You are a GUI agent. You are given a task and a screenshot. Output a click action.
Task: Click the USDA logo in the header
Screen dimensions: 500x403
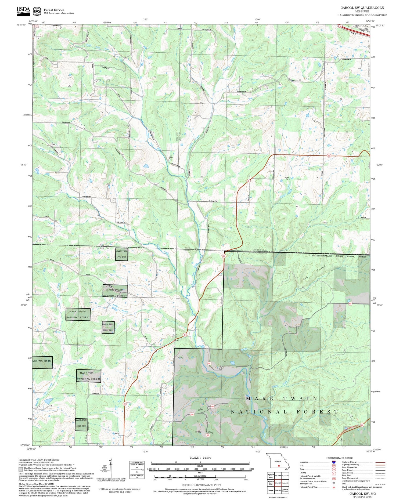[x=23, y=10]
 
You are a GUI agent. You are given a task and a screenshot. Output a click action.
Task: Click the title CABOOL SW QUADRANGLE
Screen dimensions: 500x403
[x=362, y=8]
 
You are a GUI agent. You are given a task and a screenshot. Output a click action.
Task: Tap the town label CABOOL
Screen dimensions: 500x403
[x=361, y=26]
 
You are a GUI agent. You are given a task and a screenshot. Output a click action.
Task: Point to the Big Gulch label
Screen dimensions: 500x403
[x=314, y=273]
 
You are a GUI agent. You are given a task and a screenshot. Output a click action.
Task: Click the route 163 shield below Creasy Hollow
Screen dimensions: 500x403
[x=208, y=435]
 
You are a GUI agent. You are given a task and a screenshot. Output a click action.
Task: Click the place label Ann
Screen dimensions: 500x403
[x=177, y=340]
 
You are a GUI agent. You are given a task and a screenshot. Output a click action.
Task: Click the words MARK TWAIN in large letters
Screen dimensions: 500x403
[x=282, y=399]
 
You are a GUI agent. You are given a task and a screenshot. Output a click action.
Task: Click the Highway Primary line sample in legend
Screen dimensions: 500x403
[x=379, y=462]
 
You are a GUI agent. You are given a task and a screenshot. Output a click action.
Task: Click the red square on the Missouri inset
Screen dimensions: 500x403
[x=279, y=466]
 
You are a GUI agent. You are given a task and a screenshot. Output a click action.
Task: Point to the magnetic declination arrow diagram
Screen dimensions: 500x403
[x=110, y=467]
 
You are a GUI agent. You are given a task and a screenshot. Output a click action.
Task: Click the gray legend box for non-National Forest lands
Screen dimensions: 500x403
[x=21, y=469]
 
